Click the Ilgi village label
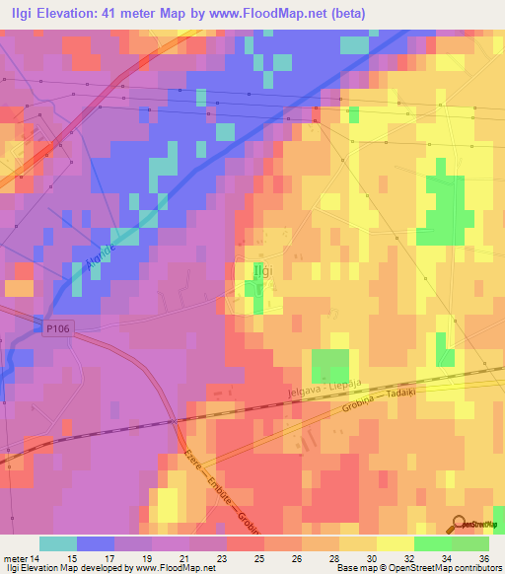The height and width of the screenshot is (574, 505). [x=262, y=269]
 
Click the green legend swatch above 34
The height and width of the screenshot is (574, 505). [x=432, y=542]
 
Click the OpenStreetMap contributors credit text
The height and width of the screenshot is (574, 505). [x=427, y=568]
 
